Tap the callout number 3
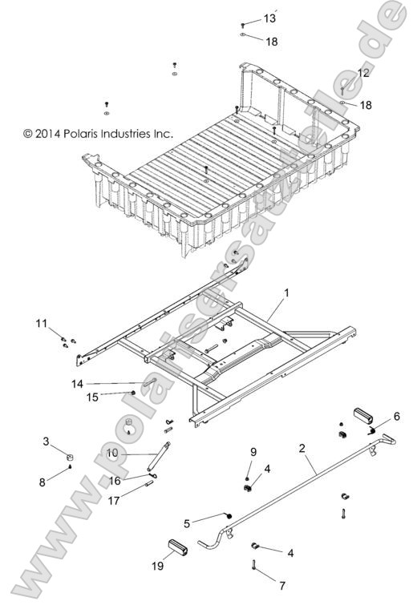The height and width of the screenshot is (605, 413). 47,441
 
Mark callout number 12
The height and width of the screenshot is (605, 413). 363,73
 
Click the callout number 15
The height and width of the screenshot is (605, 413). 93,397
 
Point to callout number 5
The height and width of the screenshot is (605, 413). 187,523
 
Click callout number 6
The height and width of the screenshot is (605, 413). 395,416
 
